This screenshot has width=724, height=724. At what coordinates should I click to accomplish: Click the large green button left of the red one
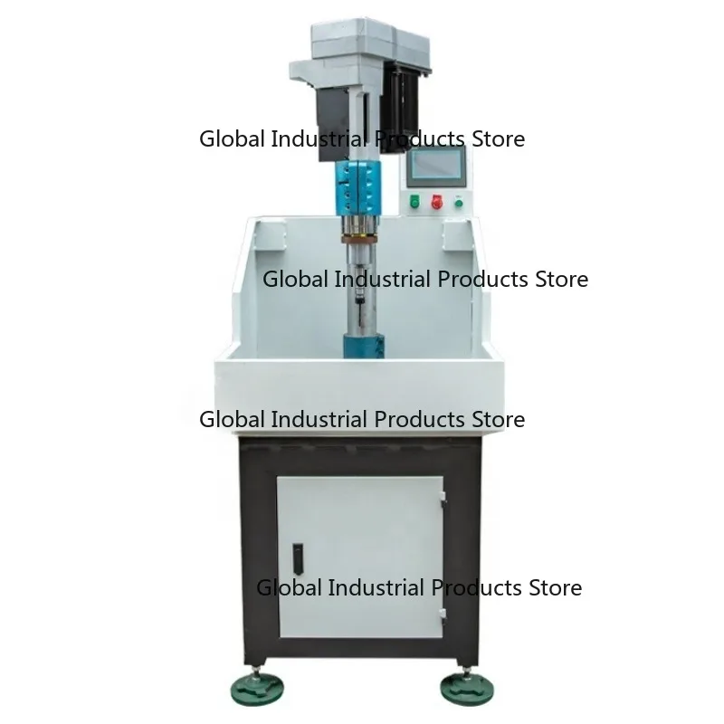pos(414,201)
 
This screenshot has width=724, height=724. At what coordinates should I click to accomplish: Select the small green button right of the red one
pos(459,202)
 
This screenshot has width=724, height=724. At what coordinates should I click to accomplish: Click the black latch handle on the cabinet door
pos(298,558)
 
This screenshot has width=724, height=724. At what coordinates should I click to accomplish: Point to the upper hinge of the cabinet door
pos(443,499)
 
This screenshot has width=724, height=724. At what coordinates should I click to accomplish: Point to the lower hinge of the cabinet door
pos(443,615)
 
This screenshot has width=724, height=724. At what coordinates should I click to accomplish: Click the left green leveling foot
pos(257,690)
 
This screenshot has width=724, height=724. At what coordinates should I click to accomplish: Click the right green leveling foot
pos(467,689)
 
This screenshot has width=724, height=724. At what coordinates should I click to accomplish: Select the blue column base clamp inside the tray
pos(364,346)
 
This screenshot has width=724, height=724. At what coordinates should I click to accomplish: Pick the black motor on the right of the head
pos(403,101)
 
